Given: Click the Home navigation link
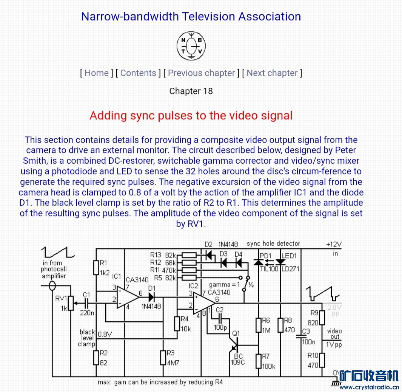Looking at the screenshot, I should tap(97, 73).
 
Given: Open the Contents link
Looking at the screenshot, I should tap(138, 73).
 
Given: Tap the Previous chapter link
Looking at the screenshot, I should tap(201, 73).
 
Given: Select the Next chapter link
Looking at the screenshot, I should tap(272, 73).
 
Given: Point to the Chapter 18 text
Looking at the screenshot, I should tap(191, 91).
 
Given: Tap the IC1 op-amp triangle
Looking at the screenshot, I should tap(126, 297).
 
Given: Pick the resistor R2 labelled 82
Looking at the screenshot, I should tap(96, 357).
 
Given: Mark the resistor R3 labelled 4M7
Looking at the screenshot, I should tap(163, 357).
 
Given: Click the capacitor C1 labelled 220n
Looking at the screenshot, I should tap(87, 303).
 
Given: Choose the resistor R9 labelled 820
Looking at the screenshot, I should tap(322, 318).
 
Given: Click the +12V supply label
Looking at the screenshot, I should tap(334, 244).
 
